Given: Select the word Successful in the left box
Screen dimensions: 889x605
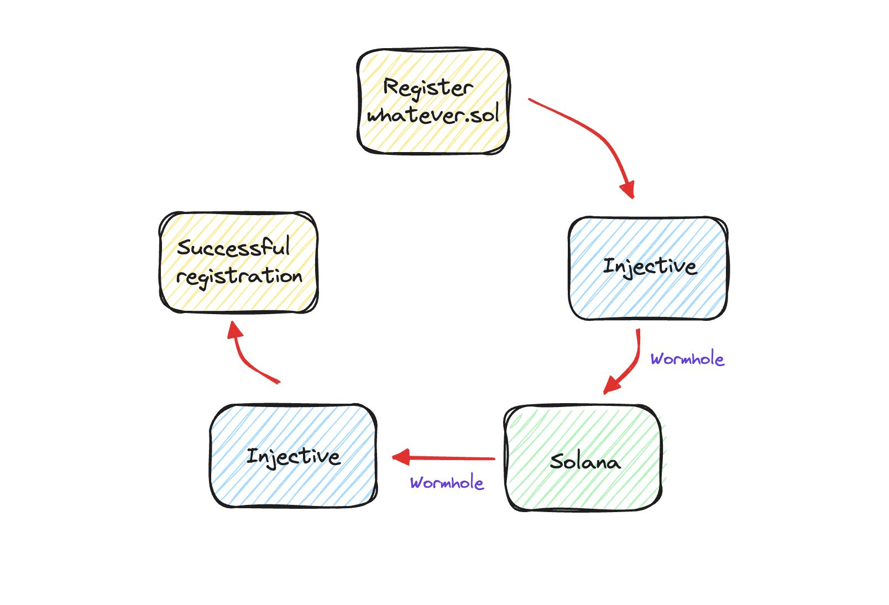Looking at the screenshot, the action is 233,247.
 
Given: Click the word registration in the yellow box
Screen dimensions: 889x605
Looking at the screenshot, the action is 239,277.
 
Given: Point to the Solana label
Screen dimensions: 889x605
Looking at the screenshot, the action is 585,461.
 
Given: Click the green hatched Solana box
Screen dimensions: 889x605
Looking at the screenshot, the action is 583,457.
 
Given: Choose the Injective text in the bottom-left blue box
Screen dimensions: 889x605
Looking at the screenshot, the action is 294,457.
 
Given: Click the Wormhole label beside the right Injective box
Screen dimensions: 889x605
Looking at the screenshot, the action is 687,358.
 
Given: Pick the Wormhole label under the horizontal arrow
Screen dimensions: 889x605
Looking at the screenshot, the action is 447,482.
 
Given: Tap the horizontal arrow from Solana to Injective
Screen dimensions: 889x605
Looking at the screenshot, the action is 444,458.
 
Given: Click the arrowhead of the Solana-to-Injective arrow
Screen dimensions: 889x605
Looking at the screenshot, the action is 401,457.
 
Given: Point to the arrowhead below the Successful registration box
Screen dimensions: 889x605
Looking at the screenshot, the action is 234,330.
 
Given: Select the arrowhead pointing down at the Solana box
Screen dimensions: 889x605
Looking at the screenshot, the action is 611,385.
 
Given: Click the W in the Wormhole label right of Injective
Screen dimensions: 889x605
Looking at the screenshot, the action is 659,359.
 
